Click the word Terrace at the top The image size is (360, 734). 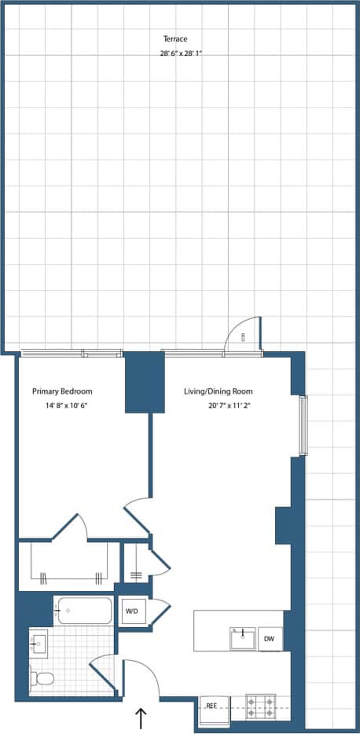(x=175, y=39)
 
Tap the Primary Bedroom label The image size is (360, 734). (x=62, y=391)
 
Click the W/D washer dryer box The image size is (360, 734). (x=130, y=611)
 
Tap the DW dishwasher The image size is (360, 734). (x=269, y=639)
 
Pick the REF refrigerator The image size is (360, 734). (x=211, y=706)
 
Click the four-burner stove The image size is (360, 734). (x=260, y=705)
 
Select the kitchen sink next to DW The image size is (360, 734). (x=241, y=638)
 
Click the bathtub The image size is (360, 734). (x=83, y=611)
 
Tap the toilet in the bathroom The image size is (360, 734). (x=42, y=677)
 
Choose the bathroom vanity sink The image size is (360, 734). (x=39, y=644)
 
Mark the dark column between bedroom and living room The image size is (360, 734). (x=145, y=381)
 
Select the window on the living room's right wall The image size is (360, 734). (x=303, y=425)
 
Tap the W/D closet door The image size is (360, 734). (x=160, y=611)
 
